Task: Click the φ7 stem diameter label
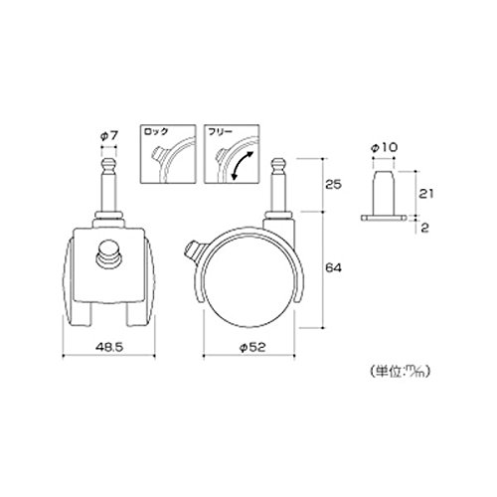(x=109, y=135)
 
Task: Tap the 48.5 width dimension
(x=109, y=347)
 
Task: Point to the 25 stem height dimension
(x=333, y=184)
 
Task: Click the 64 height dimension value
(x=333, y=267)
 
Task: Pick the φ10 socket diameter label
(x=384, y=147)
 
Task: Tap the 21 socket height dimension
(x=425, y=194)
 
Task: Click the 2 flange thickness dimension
(x=424, y=228)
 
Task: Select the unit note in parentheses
(x=400, y=372)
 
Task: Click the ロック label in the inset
(x=156, y=131)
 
